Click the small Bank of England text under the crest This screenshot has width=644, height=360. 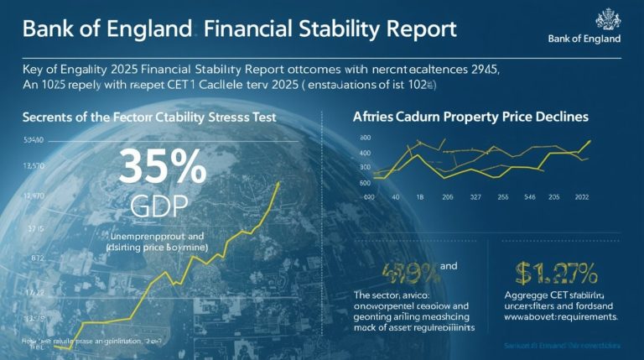(584, 39)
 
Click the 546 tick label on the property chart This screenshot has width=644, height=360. (529, 197)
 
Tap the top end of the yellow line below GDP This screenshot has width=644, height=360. (278, 183)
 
